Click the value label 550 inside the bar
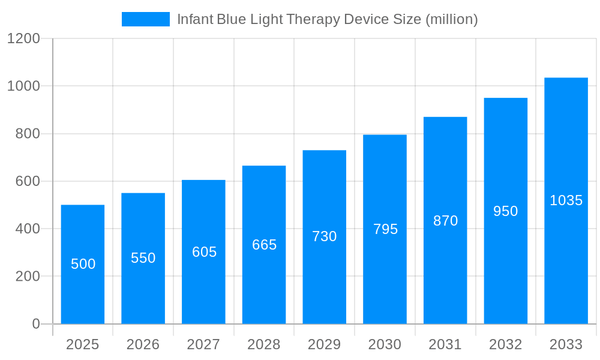coord(143,258)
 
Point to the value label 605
coord(204,252)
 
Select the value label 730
coord(325,236)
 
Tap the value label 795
coord(385,229)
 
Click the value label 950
coord(506,211)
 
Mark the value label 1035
coord(566,200)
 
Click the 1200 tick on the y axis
coord(23,39)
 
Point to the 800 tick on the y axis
coord(28,134)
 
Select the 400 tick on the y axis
coord(28,229)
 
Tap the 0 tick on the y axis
coord(36,324)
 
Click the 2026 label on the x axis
coord(143,344)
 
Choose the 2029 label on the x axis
coord(325,344)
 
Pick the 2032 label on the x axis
coord(506,344)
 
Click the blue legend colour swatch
coord(146,19)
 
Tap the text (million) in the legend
coord(451,19)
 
